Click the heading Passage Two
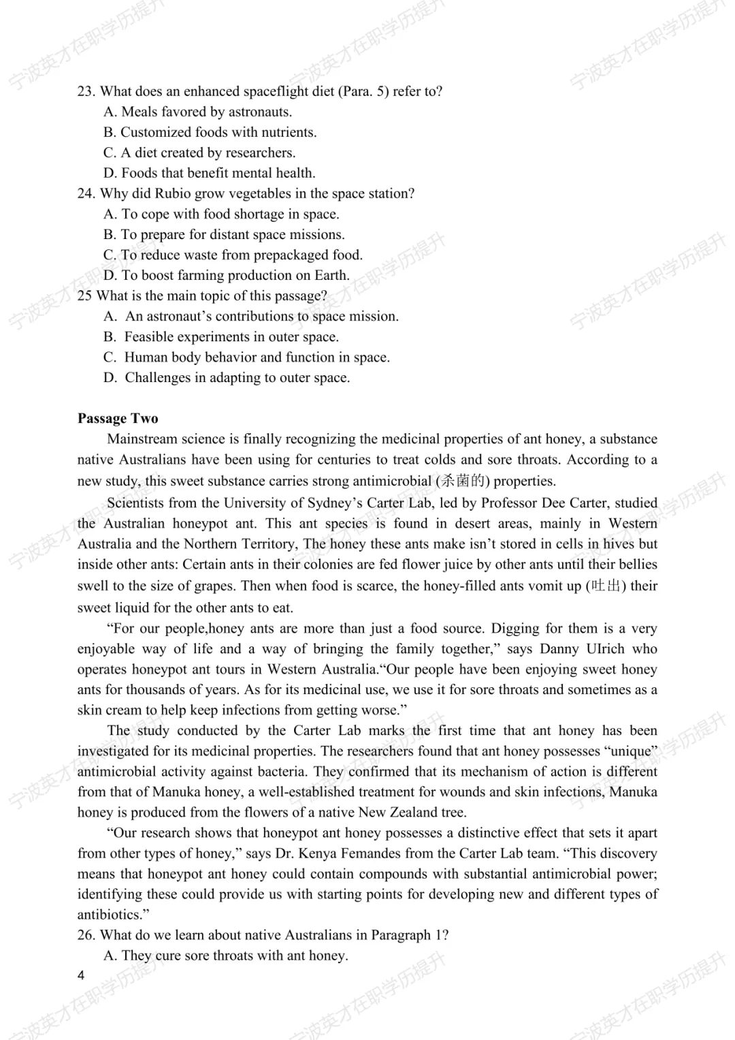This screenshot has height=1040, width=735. click(x=118, y=418)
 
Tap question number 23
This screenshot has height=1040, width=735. click(x=86, y=91)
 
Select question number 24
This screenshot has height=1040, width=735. click(x=86, y=193)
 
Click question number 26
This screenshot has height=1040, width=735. click(x=86, y=935)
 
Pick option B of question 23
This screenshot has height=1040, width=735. click(x=210, y=132)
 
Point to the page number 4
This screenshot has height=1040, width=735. click(x=81, y=975)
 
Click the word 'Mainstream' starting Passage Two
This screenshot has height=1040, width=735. click(x=142, y=439)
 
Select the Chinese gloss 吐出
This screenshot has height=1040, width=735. click(x=606, y=586)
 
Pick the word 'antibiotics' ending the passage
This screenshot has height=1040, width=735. click(x=109, y=915)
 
